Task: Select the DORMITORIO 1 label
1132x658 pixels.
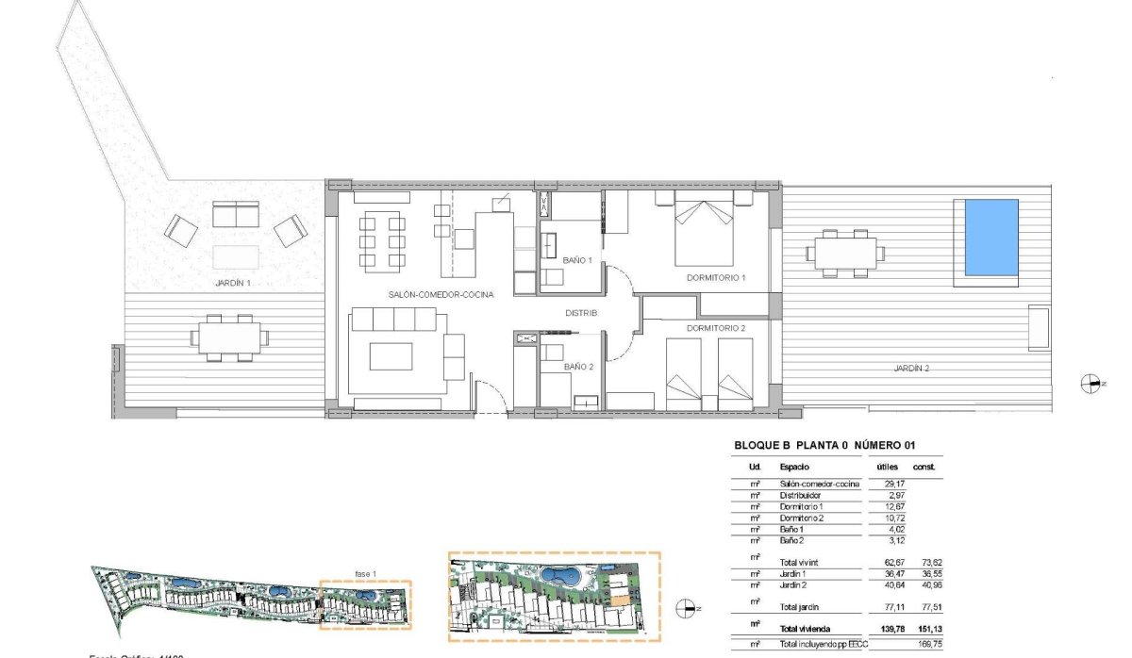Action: (716, 278)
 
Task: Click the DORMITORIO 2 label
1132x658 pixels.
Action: (716, 328)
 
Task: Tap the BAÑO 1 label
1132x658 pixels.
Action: (577, 260)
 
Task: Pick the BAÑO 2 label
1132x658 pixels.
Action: (578, 367)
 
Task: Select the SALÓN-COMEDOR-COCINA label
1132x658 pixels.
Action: (441, 295)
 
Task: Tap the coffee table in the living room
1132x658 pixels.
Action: (391, 356)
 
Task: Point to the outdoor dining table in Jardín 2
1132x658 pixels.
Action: (845, 253)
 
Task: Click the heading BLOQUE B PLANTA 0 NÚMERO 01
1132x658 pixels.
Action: (824, 447)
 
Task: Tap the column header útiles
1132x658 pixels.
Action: (888, 467)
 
